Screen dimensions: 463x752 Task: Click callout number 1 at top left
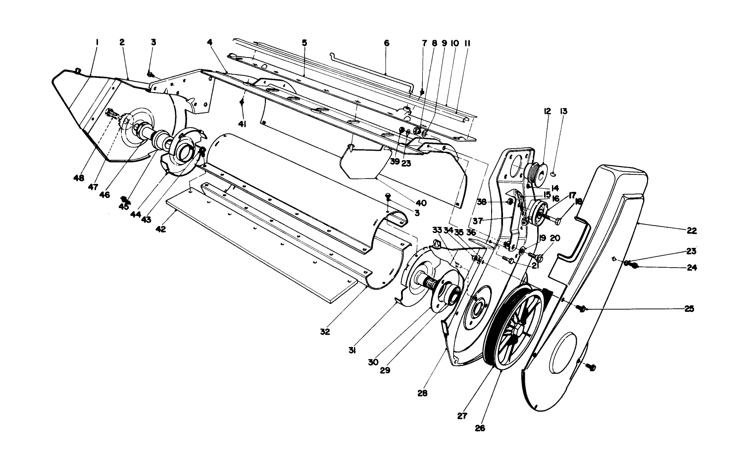(97, 43)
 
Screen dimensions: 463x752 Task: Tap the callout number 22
(692, 231)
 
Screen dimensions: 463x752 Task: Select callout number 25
(689, 309)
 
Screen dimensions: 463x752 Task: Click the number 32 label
(325, 332)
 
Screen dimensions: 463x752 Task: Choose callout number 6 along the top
(386, 43)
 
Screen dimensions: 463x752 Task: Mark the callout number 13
(563, 111)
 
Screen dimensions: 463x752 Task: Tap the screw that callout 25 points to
(581, 308)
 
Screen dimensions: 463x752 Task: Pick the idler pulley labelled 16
(537, 212)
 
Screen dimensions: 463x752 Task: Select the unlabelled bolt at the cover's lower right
(591, 367)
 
